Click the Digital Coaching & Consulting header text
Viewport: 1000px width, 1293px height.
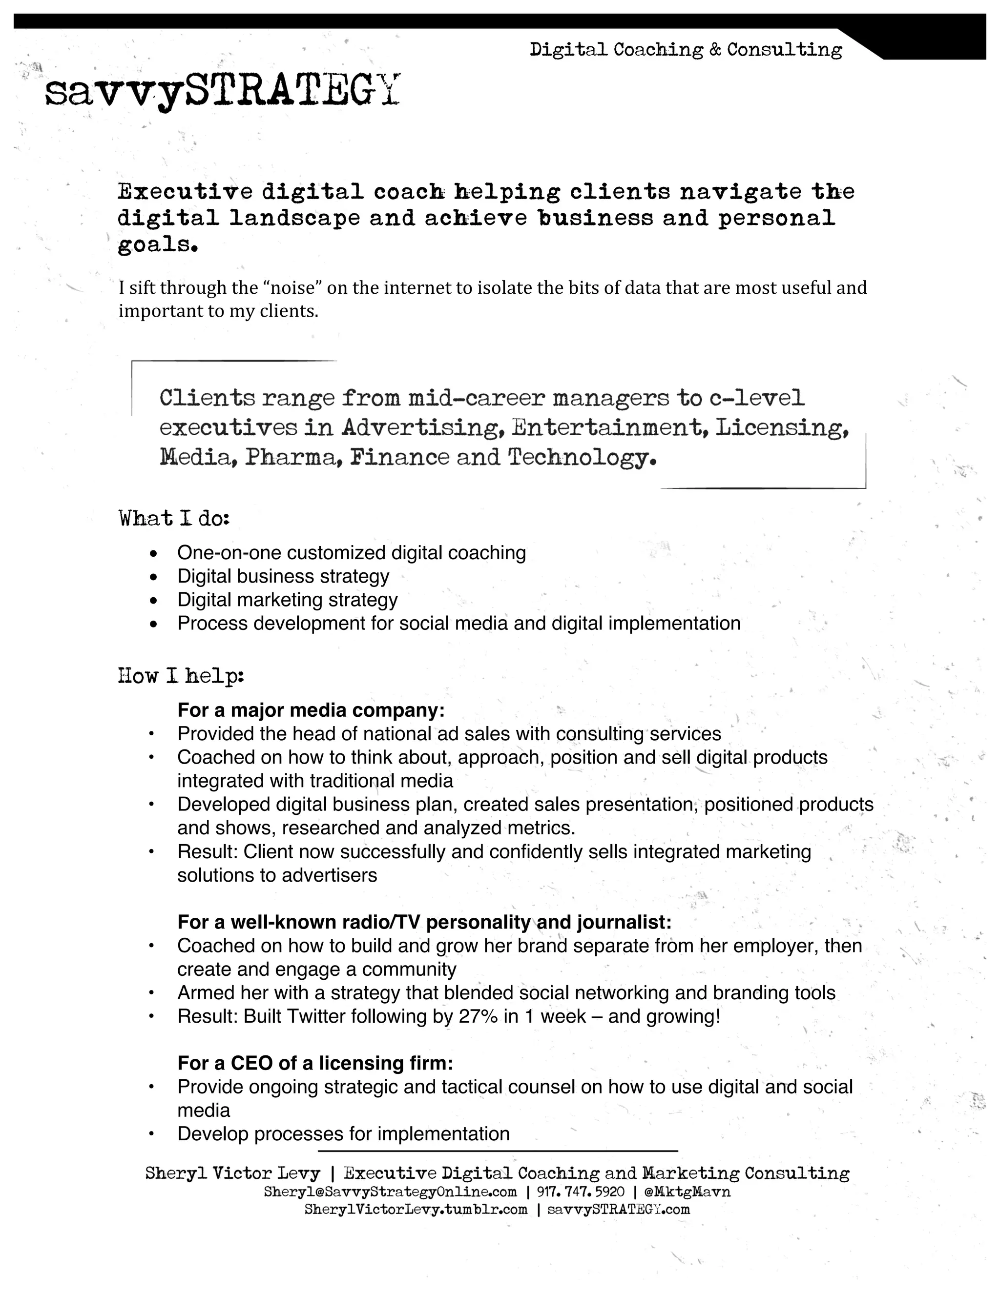tap(686, 49)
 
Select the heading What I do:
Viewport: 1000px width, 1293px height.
tap(173, 519)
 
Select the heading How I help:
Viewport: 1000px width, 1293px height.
tap(181, 675)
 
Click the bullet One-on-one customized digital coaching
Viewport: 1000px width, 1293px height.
tap(351, 552)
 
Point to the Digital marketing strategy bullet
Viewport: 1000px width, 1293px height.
tap(287, 600)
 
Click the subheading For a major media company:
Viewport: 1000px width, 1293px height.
tap(311, 710)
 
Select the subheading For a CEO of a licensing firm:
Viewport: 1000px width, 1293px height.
tap(315, 1063)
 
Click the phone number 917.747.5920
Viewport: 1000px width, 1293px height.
tap(581, 1192)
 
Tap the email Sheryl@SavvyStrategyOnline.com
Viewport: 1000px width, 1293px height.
tap(390, 1192)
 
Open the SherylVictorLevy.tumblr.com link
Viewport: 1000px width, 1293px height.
tap(416, 1210)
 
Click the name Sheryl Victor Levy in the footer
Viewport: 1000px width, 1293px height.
tap(232, 1173)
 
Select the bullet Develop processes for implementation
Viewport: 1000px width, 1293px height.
tap(344, 1134)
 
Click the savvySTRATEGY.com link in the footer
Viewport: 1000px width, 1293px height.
tap(619, 1210)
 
